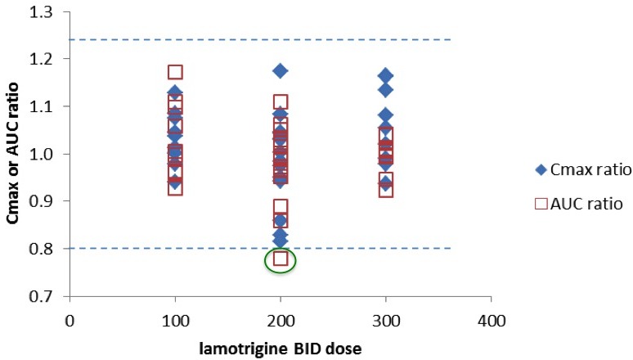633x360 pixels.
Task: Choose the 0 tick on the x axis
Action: pos(70,315)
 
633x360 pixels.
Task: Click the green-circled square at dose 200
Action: pos(281,259)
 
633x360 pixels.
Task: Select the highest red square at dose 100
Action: pos(175,73)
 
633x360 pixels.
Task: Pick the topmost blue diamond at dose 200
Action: pos(281,71)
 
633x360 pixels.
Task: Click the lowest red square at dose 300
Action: pos(386,191)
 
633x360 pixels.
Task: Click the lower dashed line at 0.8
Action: pos(368,248)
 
